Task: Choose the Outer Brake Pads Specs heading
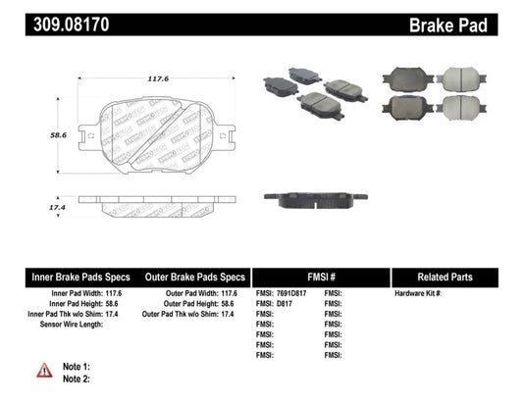(x=194, y=278)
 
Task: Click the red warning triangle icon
(x=45, y=370)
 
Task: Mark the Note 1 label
(x=77, y=366)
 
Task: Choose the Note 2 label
(x=77, y=378)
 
